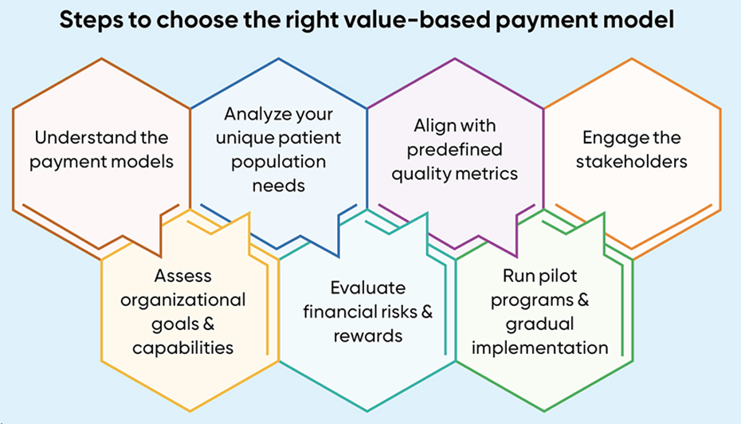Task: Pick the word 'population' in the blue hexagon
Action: tap(279, 162)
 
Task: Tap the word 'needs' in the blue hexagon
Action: tap(279, 186)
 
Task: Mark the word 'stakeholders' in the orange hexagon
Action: tap(631, 162)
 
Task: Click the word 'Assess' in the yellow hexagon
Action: tap(183, 276)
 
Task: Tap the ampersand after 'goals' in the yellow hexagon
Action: tap(209, 324)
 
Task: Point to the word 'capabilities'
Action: tap(183, 348)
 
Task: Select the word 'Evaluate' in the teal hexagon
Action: tap(367, 288)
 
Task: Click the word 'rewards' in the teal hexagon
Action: tap(367, 336)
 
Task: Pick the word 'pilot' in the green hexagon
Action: tap(559, 276)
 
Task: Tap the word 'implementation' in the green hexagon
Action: tap(539, 348)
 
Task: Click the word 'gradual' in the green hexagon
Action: tap(539, 324)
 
